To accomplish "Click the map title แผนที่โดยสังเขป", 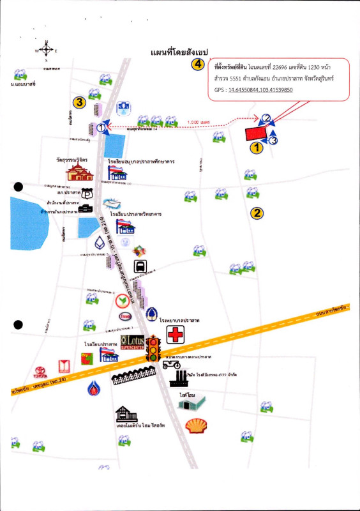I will point(180,50).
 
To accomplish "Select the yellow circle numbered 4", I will point(199,65).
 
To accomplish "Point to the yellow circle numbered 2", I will point(257,213).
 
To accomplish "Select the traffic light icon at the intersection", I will point(153,349).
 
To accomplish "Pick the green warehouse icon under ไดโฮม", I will point(194,403).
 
